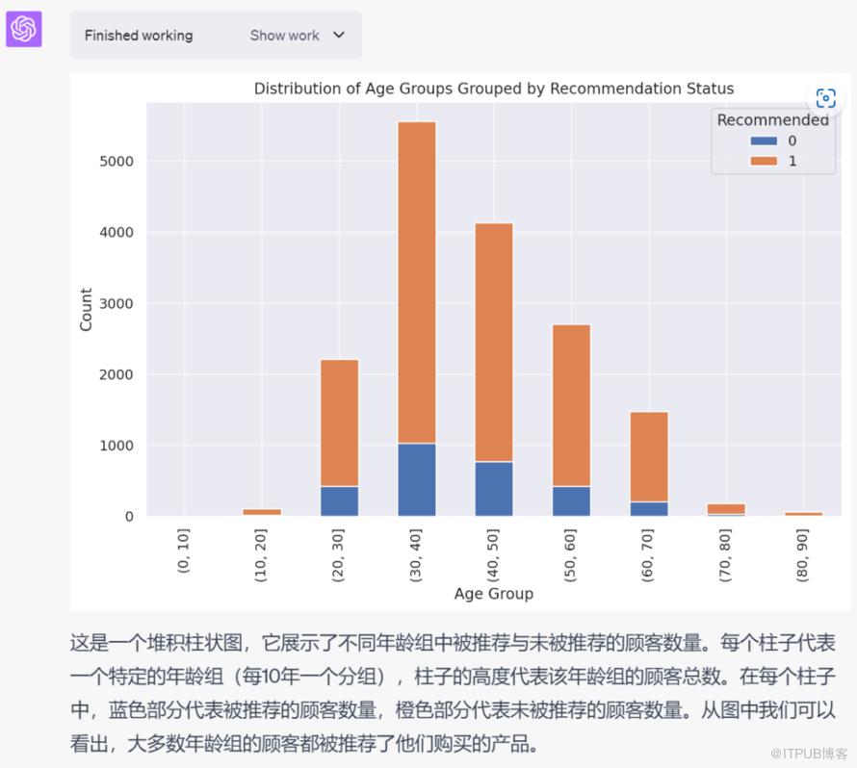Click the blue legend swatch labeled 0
click(x=765, y=141)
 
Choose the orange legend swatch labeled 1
click(x=765, y=161)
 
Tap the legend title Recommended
click(x=771, y=120)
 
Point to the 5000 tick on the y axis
click(x=117, y=162)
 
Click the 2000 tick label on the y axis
click(x=117, y=374)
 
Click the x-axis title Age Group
click(x=493, y=594)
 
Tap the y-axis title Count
click(x=87, y=310)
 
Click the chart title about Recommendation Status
click(x=493, y=89)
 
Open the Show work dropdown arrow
click(x=338, y=35)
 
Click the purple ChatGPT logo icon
click(x=23, y=30)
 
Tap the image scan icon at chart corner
click(x=825, y=98)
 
